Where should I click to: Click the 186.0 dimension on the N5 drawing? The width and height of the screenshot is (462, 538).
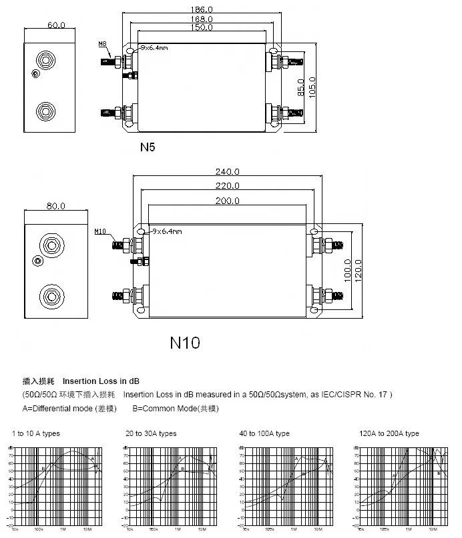[x=202, y=10]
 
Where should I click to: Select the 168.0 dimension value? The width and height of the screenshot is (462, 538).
[x=202, y=19]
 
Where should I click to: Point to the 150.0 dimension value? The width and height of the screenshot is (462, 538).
[x=202, y=28]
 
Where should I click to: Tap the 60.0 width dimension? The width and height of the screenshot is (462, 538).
[x=56, y=25]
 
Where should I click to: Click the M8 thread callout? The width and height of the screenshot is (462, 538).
[x=102, y=44]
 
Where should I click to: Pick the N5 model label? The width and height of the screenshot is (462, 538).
[x=148, y=147]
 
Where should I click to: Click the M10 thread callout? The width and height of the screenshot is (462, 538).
[x=100, y=231]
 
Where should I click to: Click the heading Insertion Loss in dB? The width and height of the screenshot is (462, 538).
[x=101, y=381]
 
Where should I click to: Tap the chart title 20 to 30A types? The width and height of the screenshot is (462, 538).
[x=151, y=433]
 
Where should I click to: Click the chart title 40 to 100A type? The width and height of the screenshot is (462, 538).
[x=264, y=433]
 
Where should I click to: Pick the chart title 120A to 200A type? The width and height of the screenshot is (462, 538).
[x=389, y=433]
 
